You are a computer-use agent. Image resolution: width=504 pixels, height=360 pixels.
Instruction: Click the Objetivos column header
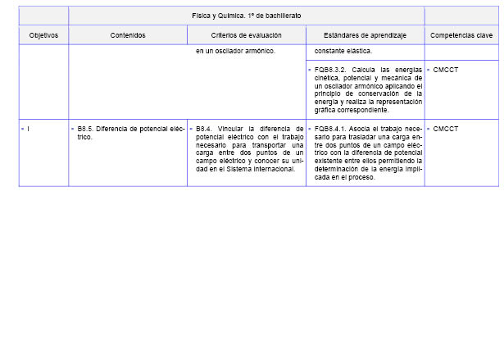(43, 35)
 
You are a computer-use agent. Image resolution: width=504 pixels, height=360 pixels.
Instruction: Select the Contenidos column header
(128, 35)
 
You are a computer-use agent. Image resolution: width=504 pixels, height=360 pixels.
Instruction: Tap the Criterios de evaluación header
(246, 35)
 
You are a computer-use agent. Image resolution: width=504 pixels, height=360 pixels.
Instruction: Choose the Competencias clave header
(461, 35)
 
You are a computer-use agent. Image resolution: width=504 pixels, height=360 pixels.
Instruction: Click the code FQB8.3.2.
(331, 71)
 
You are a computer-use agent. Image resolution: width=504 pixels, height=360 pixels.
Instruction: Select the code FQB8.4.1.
(331, 129)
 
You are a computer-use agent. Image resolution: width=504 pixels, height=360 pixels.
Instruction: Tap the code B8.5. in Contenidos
(85, 129)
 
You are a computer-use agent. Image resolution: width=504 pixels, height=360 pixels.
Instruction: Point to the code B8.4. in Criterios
(204, 129)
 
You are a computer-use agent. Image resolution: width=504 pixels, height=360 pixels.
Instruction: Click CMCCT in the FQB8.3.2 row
(446, 71)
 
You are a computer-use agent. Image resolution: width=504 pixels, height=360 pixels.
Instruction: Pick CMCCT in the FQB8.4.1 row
(446, 129)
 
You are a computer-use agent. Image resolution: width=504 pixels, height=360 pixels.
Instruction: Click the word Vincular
(234, 129)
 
